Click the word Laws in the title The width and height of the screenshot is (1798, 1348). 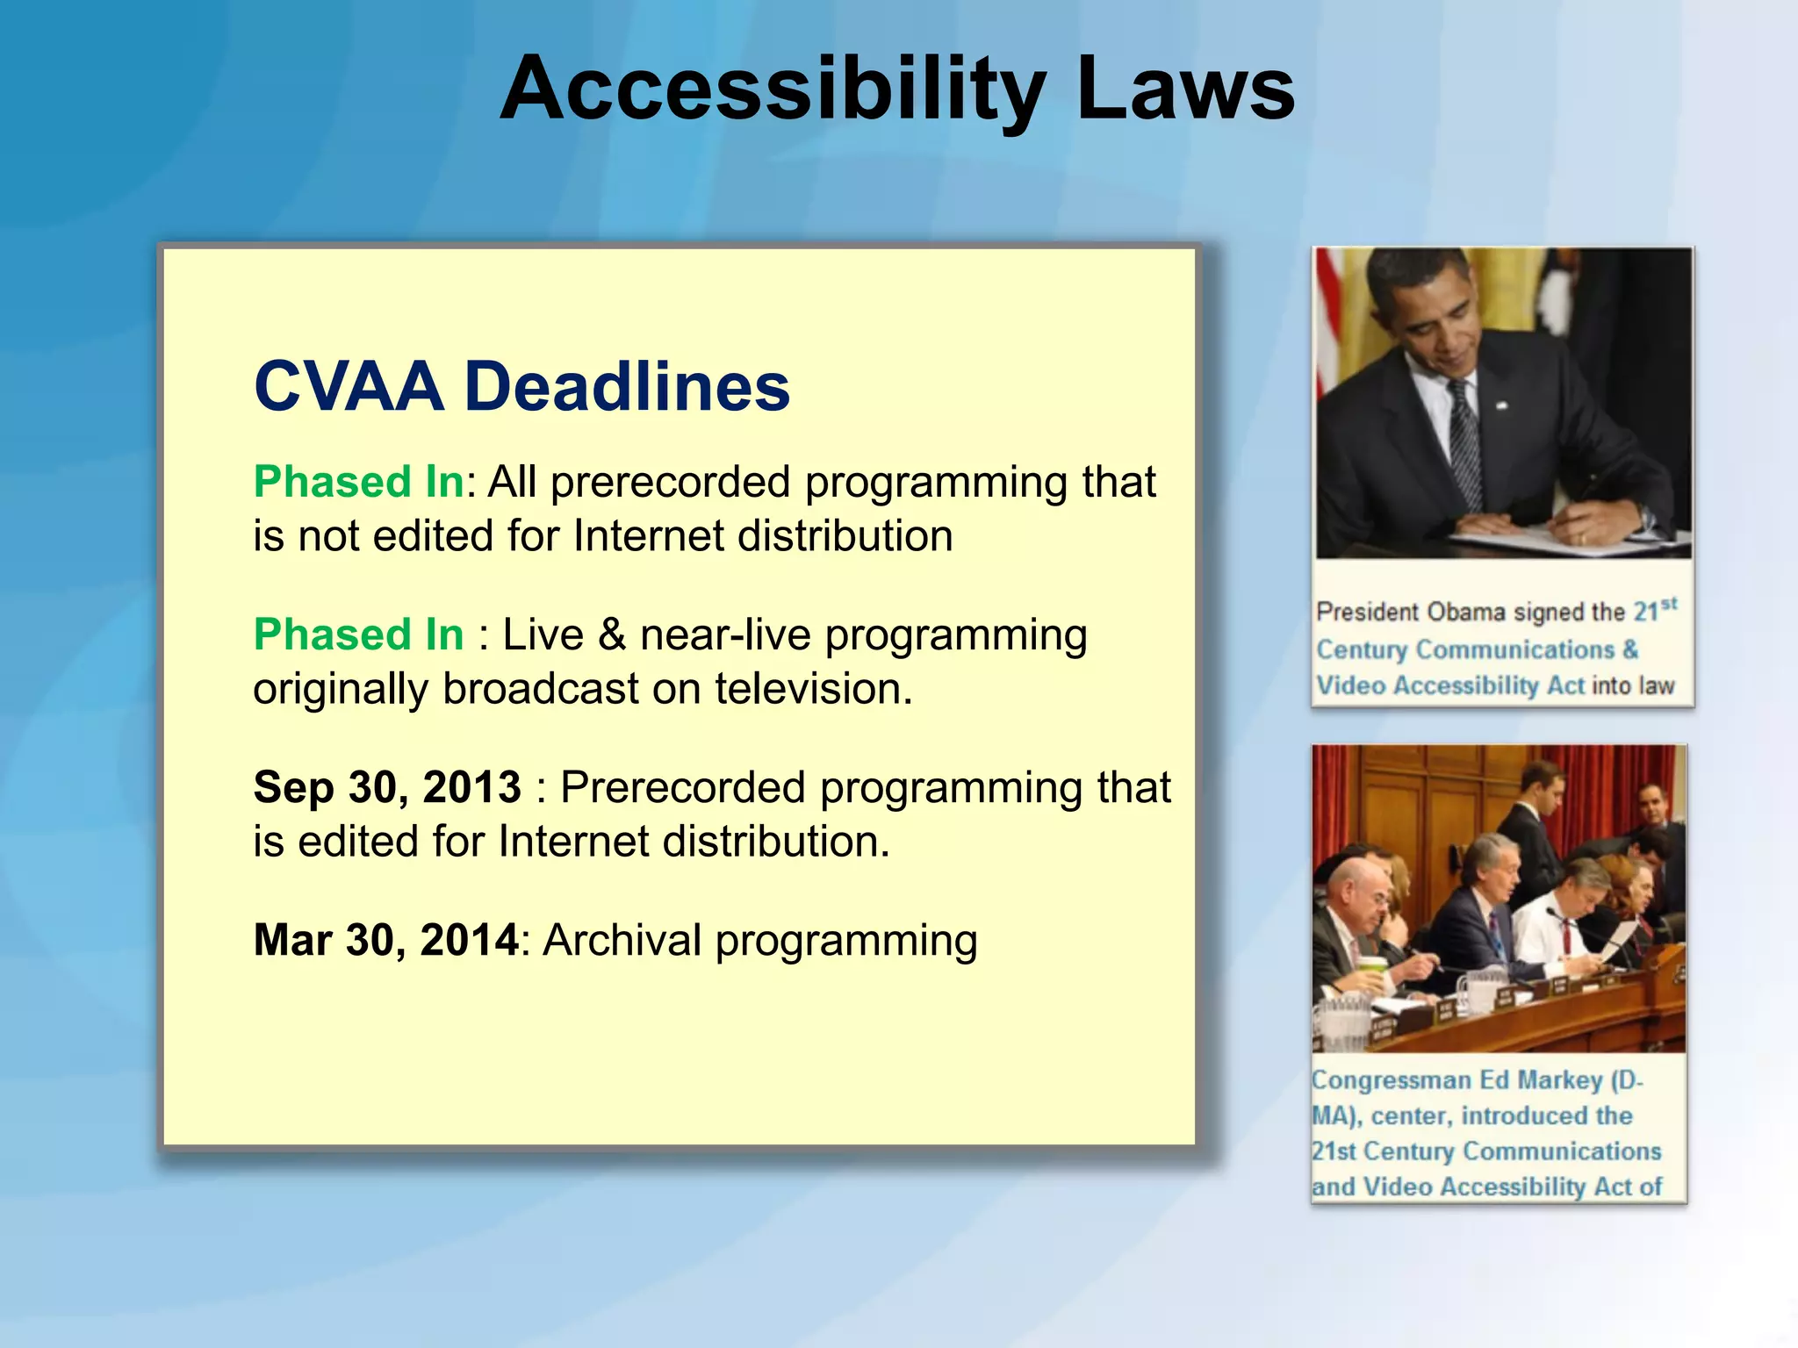pos(1184,90)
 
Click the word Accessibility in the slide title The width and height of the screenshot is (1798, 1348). pos(773,90)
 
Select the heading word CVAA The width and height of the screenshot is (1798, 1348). pos(349,387)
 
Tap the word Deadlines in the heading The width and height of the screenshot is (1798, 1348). pos(627,387)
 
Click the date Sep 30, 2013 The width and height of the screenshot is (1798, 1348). pos(387,787)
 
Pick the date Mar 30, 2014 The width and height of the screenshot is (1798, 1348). pos(386,940)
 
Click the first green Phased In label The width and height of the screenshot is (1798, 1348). pos(358,482)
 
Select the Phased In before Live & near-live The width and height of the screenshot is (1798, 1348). pos(358,635)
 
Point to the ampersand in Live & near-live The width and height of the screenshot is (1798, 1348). pos(612,635)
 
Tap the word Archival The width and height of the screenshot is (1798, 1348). pos(622,940)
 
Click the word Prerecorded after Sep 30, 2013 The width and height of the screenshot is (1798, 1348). pos(682,787)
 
